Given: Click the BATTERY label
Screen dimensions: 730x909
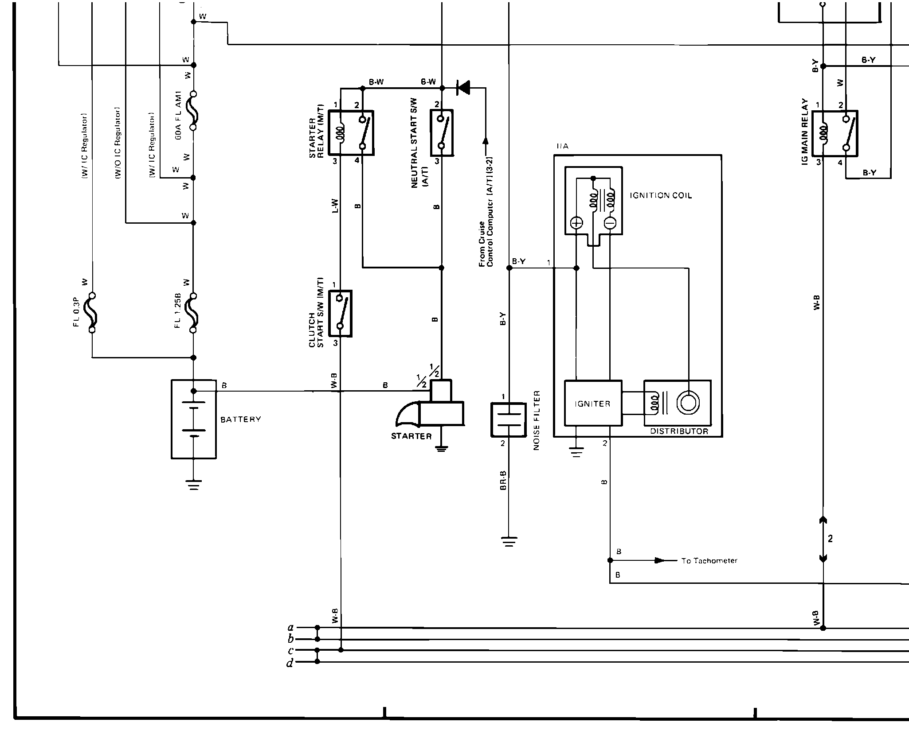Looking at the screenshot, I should tap(241, 419).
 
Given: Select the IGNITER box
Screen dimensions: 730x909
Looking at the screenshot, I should tap(592, 403).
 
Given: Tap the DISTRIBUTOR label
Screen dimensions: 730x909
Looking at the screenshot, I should tap(679, 431).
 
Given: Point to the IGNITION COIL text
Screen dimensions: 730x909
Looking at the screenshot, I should tap(661, 195).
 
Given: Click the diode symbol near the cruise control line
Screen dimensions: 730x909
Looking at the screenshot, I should tap(464, 88).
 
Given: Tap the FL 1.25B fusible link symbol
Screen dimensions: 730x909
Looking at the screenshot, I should tap(193, 313).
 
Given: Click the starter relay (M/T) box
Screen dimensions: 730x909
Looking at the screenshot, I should tap(351, 133).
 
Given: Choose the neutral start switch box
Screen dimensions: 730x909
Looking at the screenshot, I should tap(441, 133).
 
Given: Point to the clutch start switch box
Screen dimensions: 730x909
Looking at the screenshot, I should tap(340, 313).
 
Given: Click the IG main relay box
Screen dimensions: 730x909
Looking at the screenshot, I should tap(835, 133).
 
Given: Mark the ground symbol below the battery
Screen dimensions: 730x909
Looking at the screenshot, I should tap(194, 485).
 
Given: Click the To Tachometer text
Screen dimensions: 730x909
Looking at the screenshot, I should tap(709, 561).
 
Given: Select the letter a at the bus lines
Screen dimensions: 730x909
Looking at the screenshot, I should tap(291, 627).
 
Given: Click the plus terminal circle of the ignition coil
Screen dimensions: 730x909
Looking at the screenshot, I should tap(576, 223).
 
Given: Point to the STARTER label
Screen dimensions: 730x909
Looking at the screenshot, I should tap(411, 436).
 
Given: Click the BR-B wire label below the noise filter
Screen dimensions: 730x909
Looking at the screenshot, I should tap(503, 480).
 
